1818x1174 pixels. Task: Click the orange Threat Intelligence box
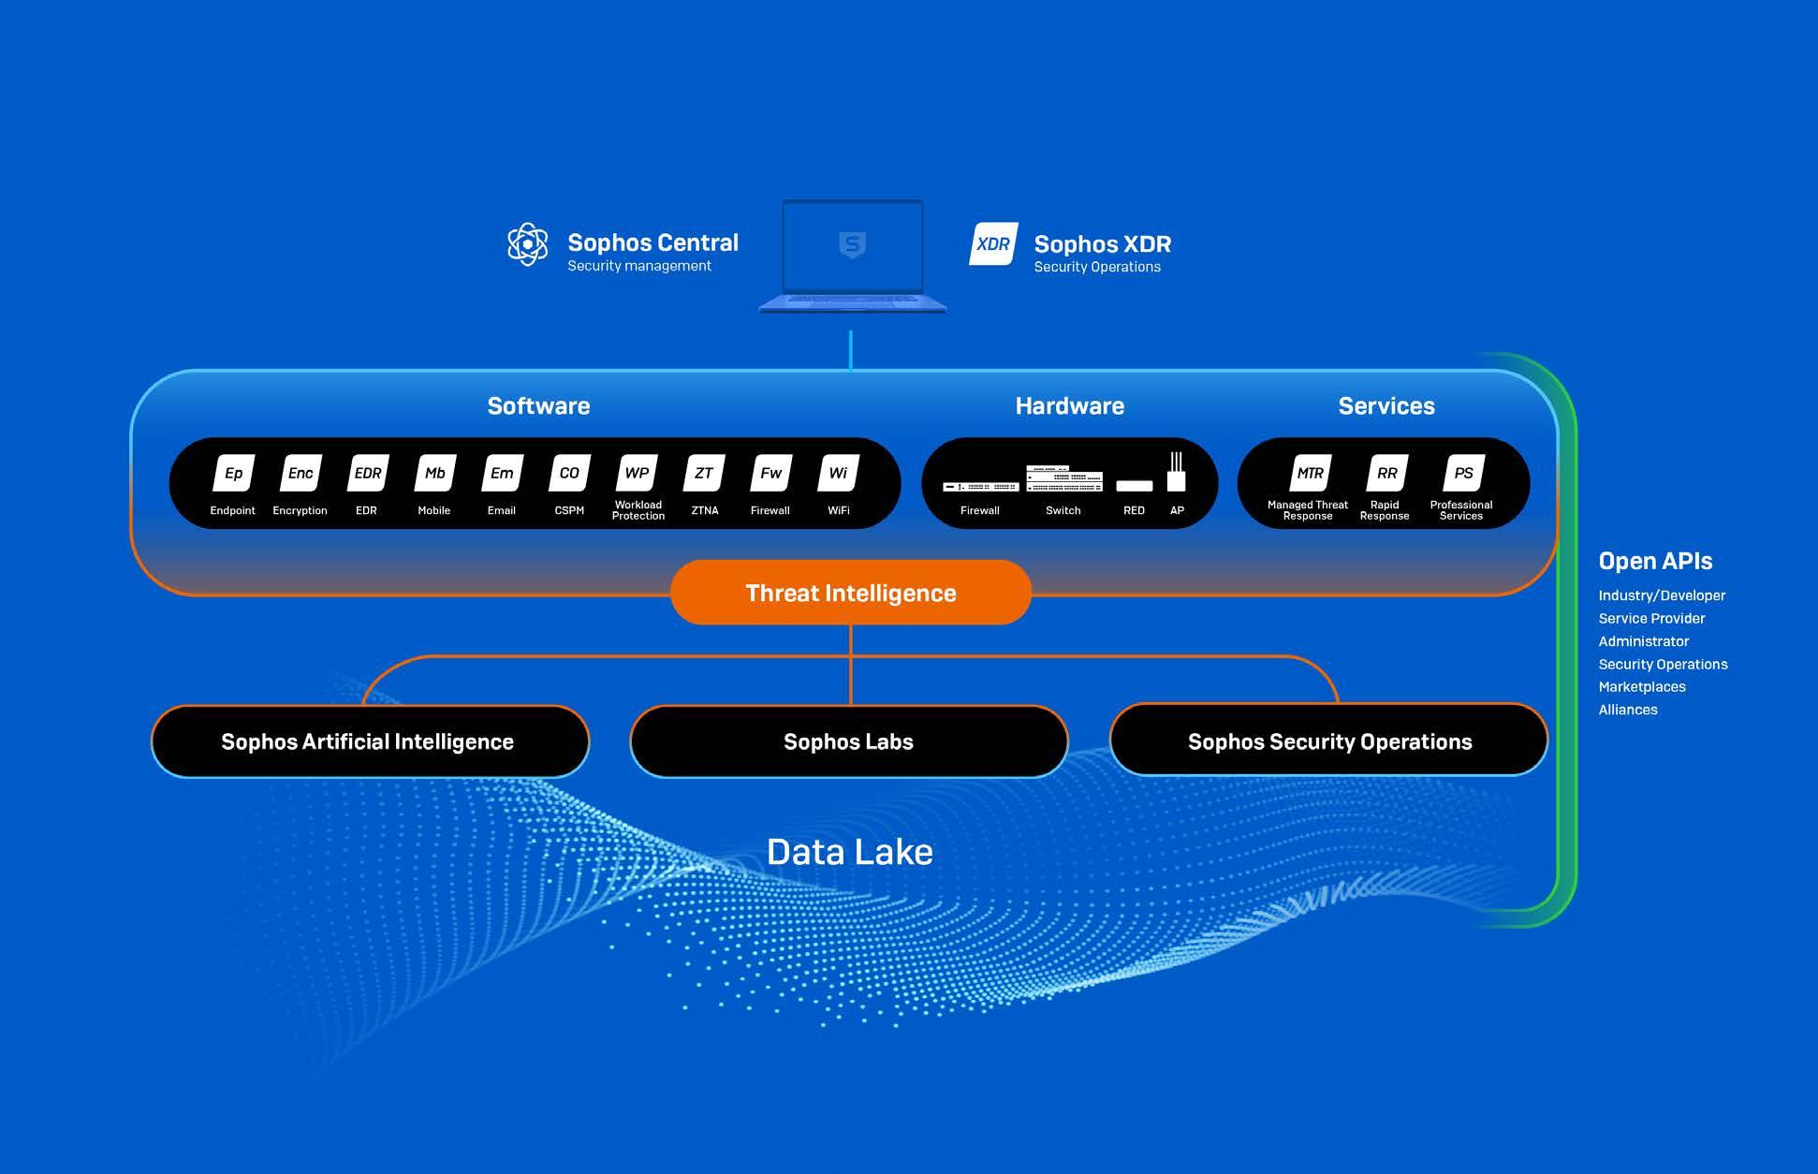[850, 593]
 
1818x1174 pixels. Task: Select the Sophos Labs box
[848, 741]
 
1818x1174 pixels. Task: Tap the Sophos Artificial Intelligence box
[369, 741]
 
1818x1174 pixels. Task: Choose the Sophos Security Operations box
[1328, 741]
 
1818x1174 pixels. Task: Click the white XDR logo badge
[993, 244]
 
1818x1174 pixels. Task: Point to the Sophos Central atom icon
[528, 244]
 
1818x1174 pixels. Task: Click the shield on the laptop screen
[852, 245]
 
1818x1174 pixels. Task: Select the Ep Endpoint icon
[233, 474]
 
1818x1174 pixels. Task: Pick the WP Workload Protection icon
[637, 474]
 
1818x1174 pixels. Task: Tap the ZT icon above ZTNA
[704, 474]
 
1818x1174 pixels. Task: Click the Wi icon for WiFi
[838, 474]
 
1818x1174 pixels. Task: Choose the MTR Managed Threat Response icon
[1310, 474]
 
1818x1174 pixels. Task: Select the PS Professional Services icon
[1463, 474]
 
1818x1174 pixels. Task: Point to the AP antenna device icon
[1176, 472]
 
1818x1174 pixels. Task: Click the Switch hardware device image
[1064, 478]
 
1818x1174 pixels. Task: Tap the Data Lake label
[849, 852]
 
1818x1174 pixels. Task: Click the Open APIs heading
[1655, 561]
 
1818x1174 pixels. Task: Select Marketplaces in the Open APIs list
[1642, 687]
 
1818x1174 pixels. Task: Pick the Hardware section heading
[1069, 406]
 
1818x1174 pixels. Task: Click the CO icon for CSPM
[569, 474]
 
